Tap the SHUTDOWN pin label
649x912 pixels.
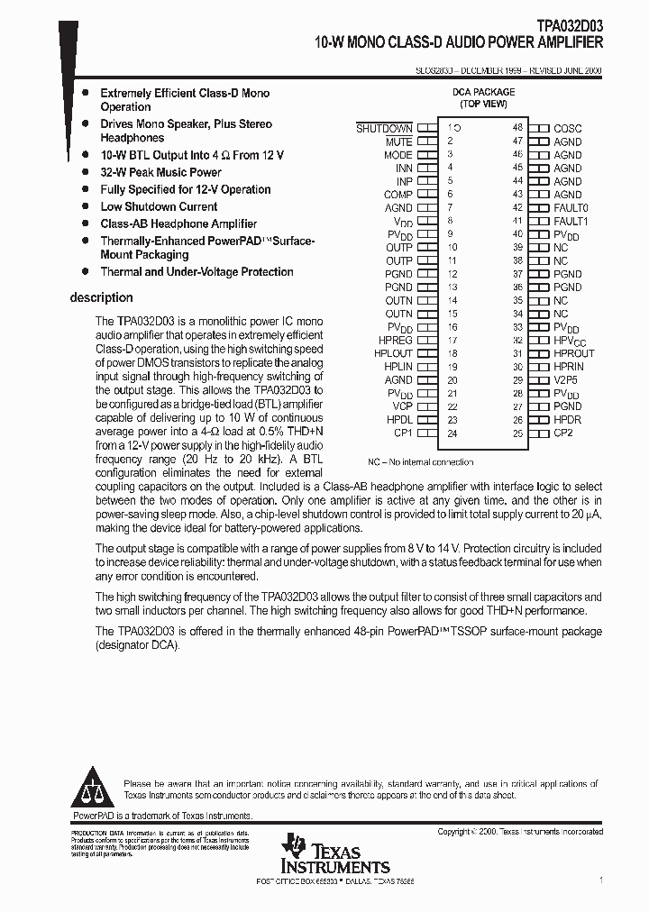[384, 129]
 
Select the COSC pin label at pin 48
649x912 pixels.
[568, 129]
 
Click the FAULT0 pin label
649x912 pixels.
[571, 208]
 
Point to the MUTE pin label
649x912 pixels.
[398, 142]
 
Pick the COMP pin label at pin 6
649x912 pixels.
[398, 195]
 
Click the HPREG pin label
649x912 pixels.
[396, 341]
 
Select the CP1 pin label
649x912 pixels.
[402, 433]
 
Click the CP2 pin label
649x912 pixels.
[563, 433]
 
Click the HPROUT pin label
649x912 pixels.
[573, 354]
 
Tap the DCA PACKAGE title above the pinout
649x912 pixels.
[483, 92]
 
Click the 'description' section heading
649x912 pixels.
[101, 297]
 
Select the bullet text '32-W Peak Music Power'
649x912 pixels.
[160, 172]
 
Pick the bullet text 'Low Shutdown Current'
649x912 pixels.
[159, 206]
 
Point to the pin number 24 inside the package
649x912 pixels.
[452, 433]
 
